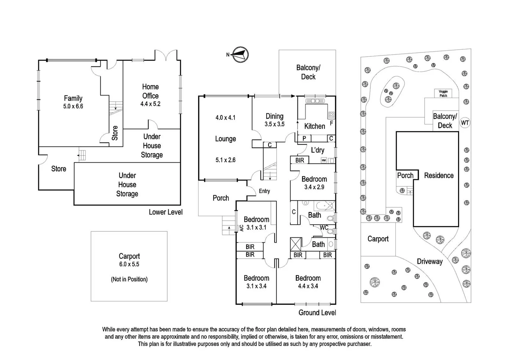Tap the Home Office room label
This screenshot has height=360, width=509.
pyautogui.click(x=150, y=91)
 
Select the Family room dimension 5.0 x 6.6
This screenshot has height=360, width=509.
pyautogui.click(x=73, y=106)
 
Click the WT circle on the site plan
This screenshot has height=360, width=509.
pyautogui.click(x=465, y=123)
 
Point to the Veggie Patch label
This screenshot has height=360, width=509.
pyautogui.click(x=443, y=93)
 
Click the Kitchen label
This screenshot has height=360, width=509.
pyautogui.click(x=314, y=126)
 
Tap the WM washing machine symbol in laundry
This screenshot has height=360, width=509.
pyautogui.click(x=323, y=160)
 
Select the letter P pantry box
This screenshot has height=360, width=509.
pyautogui.click(x=304, y=138)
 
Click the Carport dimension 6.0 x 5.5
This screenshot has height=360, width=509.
pyautogui.click(x=129, y=264)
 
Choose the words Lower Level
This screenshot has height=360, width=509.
pyautogui.click(x=166, y=212)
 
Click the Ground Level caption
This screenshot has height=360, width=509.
pyautogui.click(x=317, y=313)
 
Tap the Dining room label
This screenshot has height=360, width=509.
pyautogui.click(x=274, y=116)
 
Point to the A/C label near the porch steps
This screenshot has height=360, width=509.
pyautogui.click(x=241, y=228)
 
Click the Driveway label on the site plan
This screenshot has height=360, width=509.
pyautogui.click(x=430, y=261)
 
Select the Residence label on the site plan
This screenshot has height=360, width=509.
pyautogui.click(x=439, y=175)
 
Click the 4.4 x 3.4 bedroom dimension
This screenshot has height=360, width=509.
pyautogui.click(x=308, y=286)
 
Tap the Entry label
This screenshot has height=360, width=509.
pyautogui.click(x=264, y=191)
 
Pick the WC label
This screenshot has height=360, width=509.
pyautogui.click(x=324, y=228)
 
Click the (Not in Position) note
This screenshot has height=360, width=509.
pyautogui.click(x=129, y=279)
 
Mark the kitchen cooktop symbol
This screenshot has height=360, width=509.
pyautogui.click(x=331, y=115)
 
